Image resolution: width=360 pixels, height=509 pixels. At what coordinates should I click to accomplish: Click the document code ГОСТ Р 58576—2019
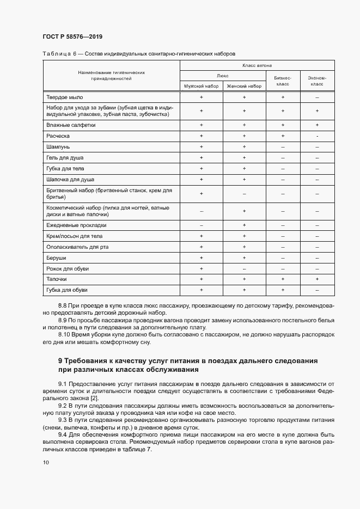(x=72, y=37)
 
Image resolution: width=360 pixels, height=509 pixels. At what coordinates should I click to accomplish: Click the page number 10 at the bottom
(x=46, y=462)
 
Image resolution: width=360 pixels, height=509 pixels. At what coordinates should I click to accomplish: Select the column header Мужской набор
(x=201, y=86)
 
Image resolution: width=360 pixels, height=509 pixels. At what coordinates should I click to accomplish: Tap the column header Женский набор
(x=244, y=86)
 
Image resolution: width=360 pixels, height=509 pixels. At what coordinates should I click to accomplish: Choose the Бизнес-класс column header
(x=283, y=81)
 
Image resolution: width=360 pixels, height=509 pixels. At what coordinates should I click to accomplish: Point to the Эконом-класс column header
(x=317, y=81)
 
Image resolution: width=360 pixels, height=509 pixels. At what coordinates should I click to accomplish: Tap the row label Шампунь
(x=58, y=147)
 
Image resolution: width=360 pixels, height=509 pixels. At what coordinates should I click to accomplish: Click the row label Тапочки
(x=57, y=279)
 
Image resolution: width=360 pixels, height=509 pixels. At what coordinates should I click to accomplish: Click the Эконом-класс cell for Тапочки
(x=317, y=279)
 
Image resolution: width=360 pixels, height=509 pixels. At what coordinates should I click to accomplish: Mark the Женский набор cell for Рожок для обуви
(x=244, y=268)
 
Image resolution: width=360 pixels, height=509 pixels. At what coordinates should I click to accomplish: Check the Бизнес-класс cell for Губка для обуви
(x=283, y=290)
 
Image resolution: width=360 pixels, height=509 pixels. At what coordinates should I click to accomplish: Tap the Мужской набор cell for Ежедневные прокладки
(x=201, y=225)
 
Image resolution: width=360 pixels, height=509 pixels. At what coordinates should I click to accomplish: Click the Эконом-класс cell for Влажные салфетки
(x=317, y=125)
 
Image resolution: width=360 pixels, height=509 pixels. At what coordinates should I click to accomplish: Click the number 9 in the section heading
(x=60, y=361)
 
